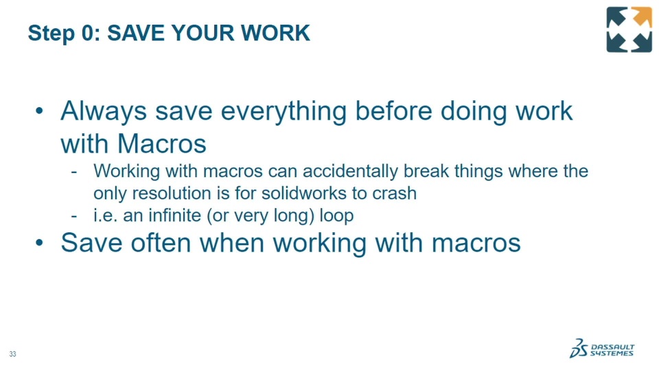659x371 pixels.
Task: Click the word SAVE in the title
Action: coord(136,33)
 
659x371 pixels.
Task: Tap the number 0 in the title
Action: coord(87,33)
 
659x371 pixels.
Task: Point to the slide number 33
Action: coord(12,355)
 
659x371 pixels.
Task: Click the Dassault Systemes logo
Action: coord(602,348)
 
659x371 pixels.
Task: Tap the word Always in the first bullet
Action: coord(104,111)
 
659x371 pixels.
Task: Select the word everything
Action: coord(284,112)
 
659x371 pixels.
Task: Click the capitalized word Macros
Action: coord(162,144)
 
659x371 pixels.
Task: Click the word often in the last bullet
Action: coord(161,243)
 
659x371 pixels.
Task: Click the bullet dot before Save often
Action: coord(40,243)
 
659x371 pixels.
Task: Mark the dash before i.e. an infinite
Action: coord(74,216)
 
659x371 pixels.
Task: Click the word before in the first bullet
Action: coord(394,111)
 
